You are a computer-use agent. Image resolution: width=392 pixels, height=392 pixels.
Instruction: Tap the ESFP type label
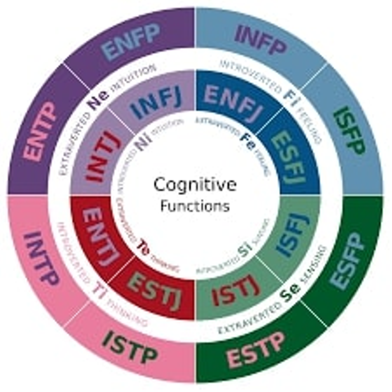click(x=348, y=261)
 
